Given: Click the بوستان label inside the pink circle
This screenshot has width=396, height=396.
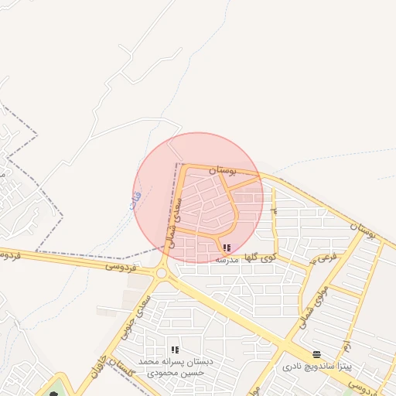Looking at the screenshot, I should click(x=222, y=169).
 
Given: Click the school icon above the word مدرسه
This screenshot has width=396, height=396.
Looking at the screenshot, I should click(x=227, y=248).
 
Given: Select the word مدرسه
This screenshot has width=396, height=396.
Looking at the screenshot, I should click(x=227, y=260).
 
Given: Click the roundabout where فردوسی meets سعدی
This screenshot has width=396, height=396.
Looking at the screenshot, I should click(x=161, y=273).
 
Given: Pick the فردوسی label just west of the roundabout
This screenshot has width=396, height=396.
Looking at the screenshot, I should click(x=122, y=266).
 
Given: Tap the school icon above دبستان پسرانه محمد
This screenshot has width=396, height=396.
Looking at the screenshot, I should click(x=175, y=350).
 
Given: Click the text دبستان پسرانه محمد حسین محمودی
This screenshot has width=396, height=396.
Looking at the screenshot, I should click(x=175, y=367).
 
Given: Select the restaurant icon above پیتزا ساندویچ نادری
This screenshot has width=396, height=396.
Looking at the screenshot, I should click(x=316, y=353).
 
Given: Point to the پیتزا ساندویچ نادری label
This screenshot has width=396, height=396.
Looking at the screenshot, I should click(x=316, y=366).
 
